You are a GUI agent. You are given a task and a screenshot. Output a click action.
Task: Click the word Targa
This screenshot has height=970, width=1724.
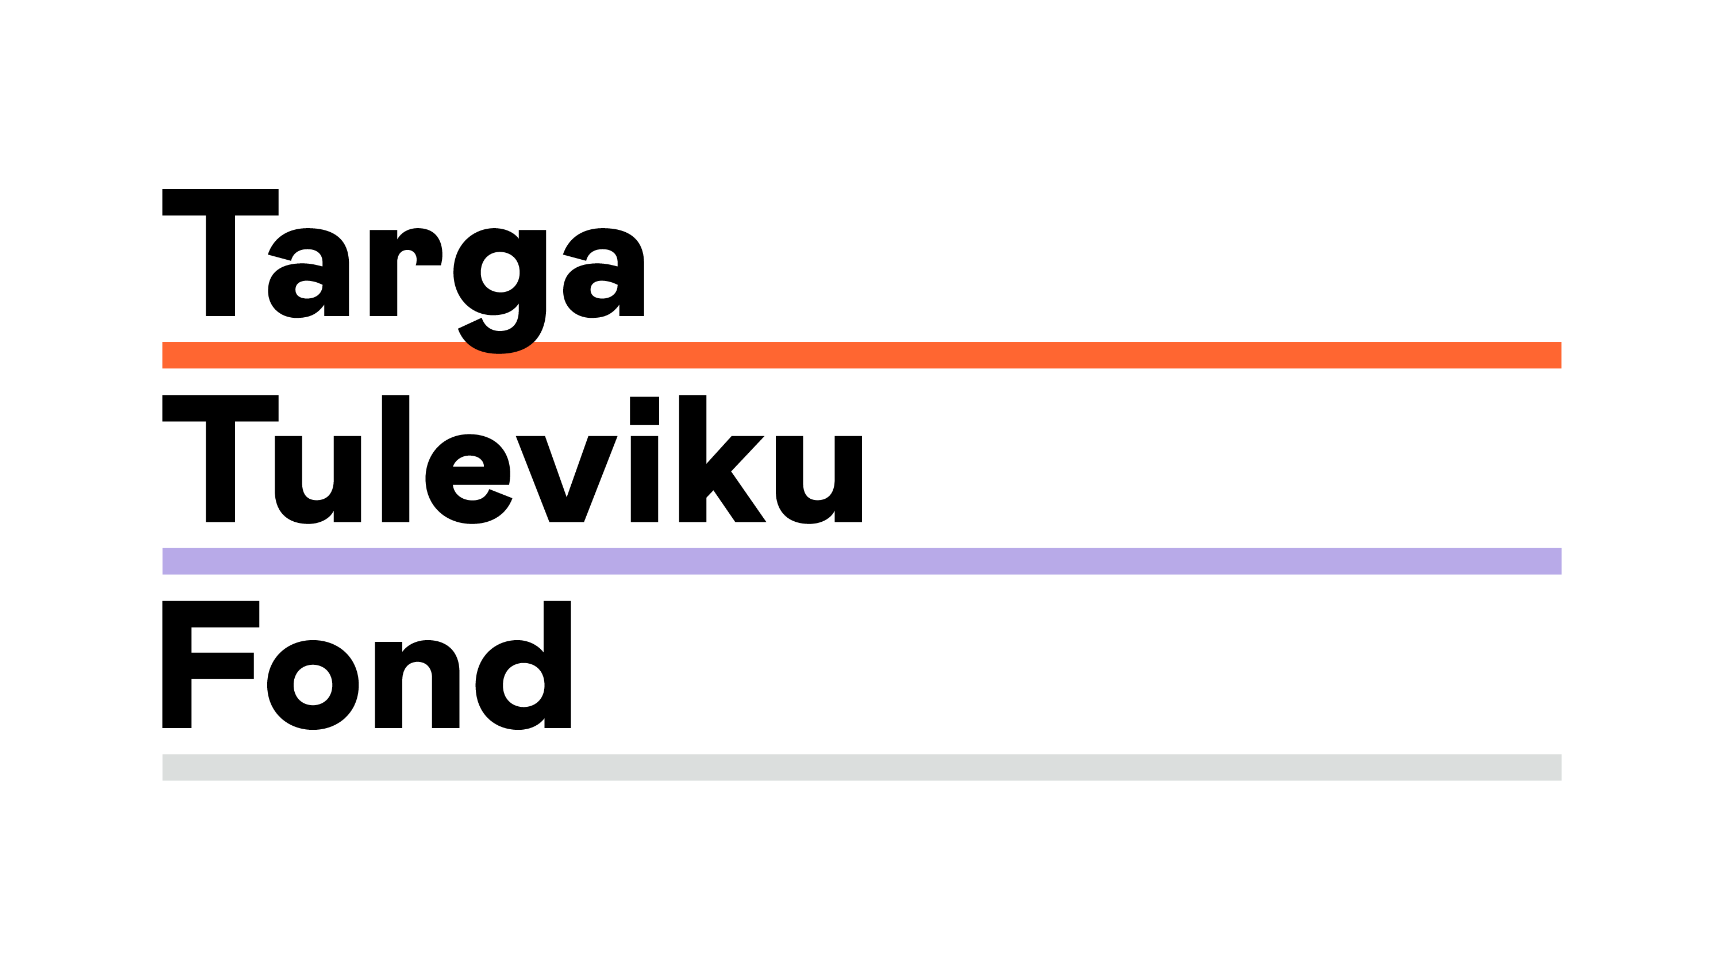pyautogui.click(x=403, y=271)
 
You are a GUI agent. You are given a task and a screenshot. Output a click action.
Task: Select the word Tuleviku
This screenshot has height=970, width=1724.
pyautogui.click(x=512, y=459)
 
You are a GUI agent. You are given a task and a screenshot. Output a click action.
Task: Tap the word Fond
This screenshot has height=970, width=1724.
pyautogui.click(x=367, y=665)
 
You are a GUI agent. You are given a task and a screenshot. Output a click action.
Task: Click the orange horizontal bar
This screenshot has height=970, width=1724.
pyautogui.click(x=862, y=355)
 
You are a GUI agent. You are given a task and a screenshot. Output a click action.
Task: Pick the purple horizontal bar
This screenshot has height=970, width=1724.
pyautogui.click(x=862, y=561)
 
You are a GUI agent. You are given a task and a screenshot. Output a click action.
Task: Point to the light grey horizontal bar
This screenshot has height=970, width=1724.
pyautogui.click(x=862, y=767)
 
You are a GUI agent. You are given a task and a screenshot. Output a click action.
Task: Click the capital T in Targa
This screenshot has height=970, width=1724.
pyautogui.click(x=220, y=252)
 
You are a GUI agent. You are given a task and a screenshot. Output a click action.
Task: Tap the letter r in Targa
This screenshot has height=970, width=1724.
pyautogui.click(x=406, y=272)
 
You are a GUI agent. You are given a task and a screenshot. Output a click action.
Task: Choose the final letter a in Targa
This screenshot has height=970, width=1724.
pyautogui.click(x=603, y=272)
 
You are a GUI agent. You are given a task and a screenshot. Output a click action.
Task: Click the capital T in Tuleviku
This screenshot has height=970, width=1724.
pyautogui.click(x=220, y=459)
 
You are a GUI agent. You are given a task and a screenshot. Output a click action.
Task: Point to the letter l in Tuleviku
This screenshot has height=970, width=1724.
pyautogui.click(x=395, y=459)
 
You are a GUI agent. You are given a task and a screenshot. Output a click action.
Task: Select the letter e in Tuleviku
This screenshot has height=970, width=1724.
pyautogui.click(x=468, y=479)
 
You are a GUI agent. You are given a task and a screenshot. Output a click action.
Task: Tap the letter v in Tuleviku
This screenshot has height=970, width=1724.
pyautogui.click(x=566, y=479)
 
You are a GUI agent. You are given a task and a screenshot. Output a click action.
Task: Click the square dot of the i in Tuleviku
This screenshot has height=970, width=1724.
pyautogui.click(x=645, y=411)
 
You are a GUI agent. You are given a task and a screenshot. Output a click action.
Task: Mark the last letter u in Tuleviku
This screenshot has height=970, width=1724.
pyautogui.click(x=819, y=479)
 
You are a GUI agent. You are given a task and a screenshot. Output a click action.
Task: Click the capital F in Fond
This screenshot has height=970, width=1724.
pyautogui.click(x=211, y=664)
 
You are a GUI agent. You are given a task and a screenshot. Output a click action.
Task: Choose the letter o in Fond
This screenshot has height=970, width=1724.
pyautogui.click(x=313, y=685)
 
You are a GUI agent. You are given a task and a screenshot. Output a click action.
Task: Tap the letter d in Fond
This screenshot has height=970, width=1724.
pyautogui.click(x=524, y=665)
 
